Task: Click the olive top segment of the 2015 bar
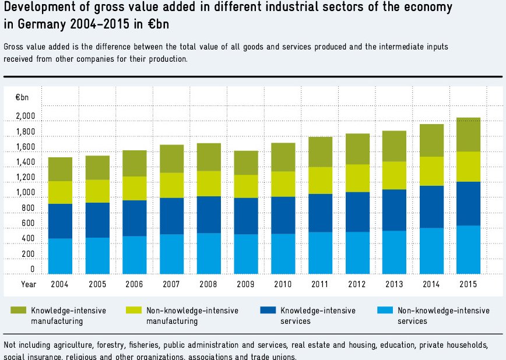pyautogui.click(x=468, y=135)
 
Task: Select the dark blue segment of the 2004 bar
pyautogui.click(x=60, y=221)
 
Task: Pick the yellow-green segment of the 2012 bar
pyautogui.click(x=357, y=178)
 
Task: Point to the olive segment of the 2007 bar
pyautogui.click(x=171, y=158)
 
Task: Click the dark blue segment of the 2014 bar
pyautogui.click(x=431, y=207)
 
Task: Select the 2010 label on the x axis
pyautogui.click(x=283, y=284)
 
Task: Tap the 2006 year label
pyautogui.click(x=134, y=284)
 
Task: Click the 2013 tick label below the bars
pyautogui.click(x=394, y=284)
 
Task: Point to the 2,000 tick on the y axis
pyautogui.click(x=26, y=117)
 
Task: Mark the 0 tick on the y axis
pyautogui.click(x=33, y=270)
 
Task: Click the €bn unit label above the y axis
pyautogui.click(x=21, y=97)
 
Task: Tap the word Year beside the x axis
pyautogui.click(x=29, y=284)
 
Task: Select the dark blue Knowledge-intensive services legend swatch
pyautogui.click(x=268, y=310)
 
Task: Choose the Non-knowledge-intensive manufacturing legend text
pyautogui.click(x=192, y=316)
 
